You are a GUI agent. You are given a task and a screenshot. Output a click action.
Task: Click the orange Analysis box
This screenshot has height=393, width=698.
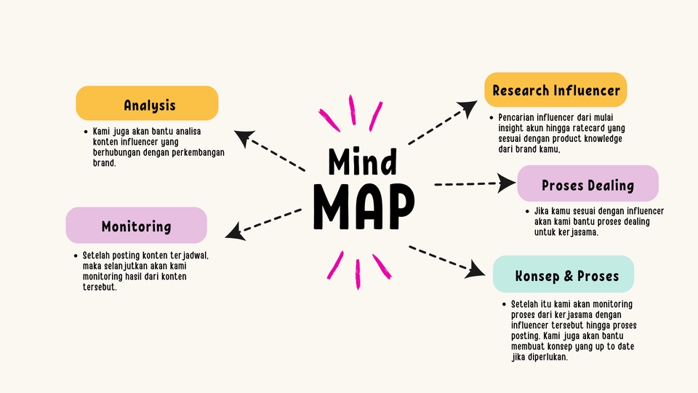pos(147,103)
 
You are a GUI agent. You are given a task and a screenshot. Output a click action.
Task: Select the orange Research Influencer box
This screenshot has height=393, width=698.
pos(555,90)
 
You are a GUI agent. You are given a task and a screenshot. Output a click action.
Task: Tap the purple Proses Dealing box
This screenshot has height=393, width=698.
pos(587,184)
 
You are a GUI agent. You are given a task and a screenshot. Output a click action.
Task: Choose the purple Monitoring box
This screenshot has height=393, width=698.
pos(136,226)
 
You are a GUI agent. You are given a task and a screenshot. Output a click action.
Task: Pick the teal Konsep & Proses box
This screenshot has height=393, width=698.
pos(563,274)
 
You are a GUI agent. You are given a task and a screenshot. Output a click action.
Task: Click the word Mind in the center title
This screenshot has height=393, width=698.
pos(362,162)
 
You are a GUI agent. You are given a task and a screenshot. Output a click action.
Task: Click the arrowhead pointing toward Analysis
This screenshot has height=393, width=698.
pos(244,137)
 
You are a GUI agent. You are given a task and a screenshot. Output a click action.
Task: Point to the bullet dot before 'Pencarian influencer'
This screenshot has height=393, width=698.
pos(491,117)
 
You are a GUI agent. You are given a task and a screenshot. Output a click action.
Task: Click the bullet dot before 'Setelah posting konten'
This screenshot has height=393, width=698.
pos(75,256)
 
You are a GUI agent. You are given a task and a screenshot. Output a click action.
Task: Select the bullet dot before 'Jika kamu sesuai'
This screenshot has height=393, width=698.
pos(526,212)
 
